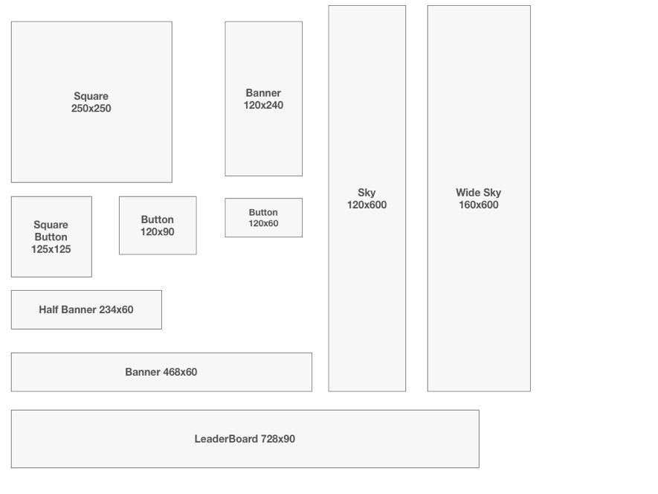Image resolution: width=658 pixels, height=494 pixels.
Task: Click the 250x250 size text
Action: click(91, 109)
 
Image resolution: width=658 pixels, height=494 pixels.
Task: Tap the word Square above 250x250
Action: click(91, 96)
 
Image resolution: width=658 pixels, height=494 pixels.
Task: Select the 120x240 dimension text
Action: click(263, 105)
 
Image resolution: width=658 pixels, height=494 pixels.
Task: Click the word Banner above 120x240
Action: click(263, 93)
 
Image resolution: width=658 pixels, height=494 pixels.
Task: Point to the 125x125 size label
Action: click(51, 249)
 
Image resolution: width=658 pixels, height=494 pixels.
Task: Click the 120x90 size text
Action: click(158, 232)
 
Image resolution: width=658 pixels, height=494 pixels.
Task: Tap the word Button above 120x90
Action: click(158, 219)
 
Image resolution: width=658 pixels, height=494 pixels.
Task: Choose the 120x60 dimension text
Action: click(263, 223)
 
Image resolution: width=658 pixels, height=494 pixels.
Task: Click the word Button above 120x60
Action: click(263, 213)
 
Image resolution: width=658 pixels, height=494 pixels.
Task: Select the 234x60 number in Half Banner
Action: click(116, 309)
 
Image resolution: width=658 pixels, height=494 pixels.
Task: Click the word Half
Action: click(48, 309)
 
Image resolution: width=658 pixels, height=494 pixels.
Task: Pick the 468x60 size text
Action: click(180, 372)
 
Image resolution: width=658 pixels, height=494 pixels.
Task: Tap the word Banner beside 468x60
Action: click(143, 372)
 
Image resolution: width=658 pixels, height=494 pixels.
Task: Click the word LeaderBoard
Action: click(226, 439)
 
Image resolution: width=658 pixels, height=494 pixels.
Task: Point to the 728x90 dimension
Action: click(278, 439)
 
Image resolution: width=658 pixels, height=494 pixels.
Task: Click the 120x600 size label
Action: click(367, 205)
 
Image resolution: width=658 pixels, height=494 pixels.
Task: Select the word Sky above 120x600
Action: click(367, 193)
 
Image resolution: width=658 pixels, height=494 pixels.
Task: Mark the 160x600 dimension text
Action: click(479, 205)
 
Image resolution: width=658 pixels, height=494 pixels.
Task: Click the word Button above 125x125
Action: click(51, 237)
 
